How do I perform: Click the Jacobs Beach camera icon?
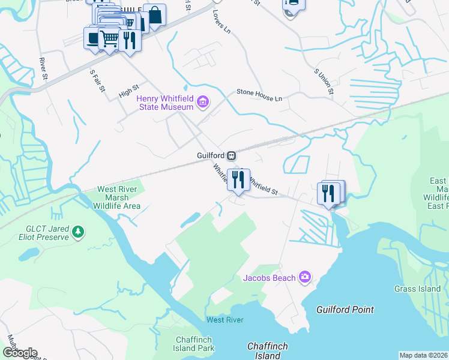tap(305, 277)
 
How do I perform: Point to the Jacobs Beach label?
tap(269, 278)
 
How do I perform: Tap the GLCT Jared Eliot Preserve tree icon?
tap(77, 231)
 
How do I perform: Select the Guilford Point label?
tap(345, 310)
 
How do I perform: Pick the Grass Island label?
tap(418, 289)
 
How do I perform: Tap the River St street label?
tap(43, 68)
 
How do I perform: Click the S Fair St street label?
tap(97, 81)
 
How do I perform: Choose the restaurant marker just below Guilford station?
tap(238, 180)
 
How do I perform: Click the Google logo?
tap(20, 353)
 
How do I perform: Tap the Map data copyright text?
tap(424, 355)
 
